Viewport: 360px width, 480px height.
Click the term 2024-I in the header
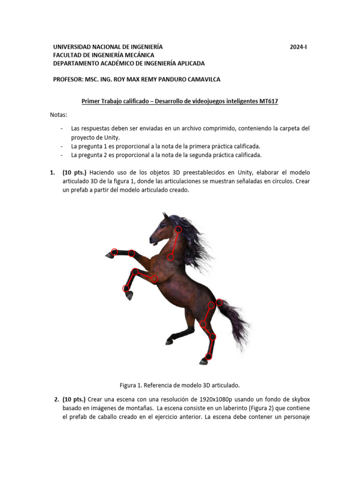[x=298, y=47]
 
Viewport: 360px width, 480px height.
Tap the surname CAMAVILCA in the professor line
[x=200, y=79]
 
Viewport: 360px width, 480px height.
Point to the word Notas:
[x=59, y=115]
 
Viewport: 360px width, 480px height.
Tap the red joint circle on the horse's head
[x=179, y=230]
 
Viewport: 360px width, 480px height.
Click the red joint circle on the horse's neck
[x=172, y=257]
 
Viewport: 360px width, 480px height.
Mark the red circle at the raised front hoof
[x=114, y=252]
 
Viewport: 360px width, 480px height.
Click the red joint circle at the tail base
[x=219, y=302]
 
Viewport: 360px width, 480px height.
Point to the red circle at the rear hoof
[x=209, y=357]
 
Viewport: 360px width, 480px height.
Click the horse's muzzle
[x=152, y=240]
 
